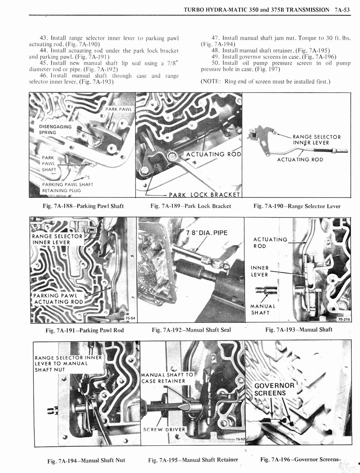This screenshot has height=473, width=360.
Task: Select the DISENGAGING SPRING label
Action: click(x=55, y=129)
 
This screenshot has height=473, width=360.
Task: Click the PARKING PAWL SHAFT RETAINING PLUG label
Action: click(x=67, y=187)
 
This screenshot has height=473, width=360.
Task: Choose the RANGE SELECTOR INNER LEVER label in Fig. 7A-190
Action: click(x=317, y=139)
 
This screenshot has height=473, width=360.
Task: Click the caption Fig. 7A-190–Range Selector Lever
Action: click(x=297, y=206)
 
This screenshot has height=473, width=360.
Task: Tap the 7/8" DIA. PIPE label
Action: click(x=207, y=233)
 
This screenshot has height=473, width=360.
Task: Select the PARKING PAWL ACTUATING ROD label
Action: click(x=58, y=298)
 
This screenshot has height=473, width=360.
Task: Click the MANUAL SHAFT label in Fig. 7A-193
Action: click(x=263, y=309)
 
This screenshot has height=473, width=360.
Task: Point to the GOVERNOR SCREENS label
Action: click(x=274, y=389)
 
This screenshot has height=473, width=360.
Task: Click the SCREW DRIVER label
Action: click(x=164, y=429)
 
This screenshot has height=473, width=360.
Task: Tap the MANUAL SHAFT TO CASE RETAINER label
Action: click(x=167, y=377)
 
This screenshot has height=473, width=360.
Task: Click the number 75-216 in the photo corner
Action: click(x=344, y=319)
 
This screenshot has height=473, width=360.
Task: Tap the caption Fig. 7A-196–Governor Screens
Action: click(x=300, y=459)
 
